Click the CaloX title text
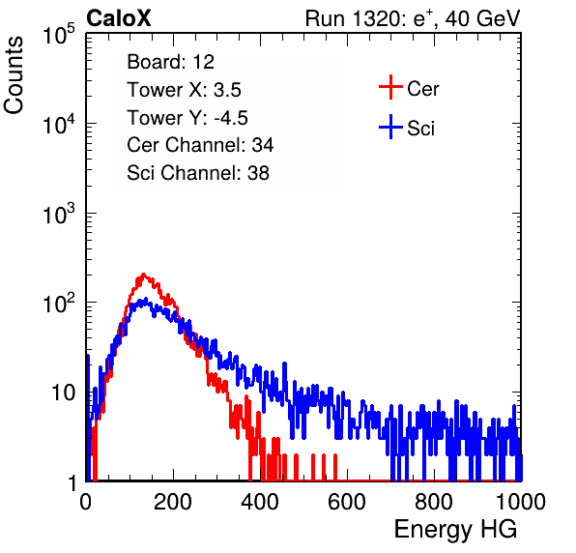click(x=119, y=18)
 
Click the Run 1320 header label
click(x=413, y=18)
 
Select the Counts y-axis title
click(x=14, y=75)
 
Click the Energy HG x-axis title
click(x=455, y=530)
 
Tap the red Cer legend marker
click(x=390, y=87)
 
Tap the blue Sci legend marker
click(x=390, y=127)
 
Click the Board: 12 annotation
click(x=170, y=62)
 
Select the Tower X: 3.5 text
click(x=184, y=90)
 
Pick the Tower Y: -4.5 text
click(x=187, y=118)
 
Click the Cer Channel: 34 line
click(x=200, y=145)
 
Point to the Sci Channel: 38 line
click(x=198, y=173)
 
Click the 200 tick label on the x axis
click(x=173, y=502)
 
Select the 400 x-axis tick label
click(x=260, y=502)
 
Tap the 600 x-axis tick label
click(x=347, y=502)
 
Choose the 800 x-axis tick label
click(x=434, y=502)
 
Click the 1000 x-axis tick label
click(x=521, y=502)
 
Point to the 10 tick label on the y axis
click(x=64, y=393)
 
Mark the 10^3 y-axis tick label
click(x=60, y=213)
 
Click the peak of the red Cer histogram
click(x=143, y=275)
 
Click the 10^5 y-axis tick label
click(x=60, y=34)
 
